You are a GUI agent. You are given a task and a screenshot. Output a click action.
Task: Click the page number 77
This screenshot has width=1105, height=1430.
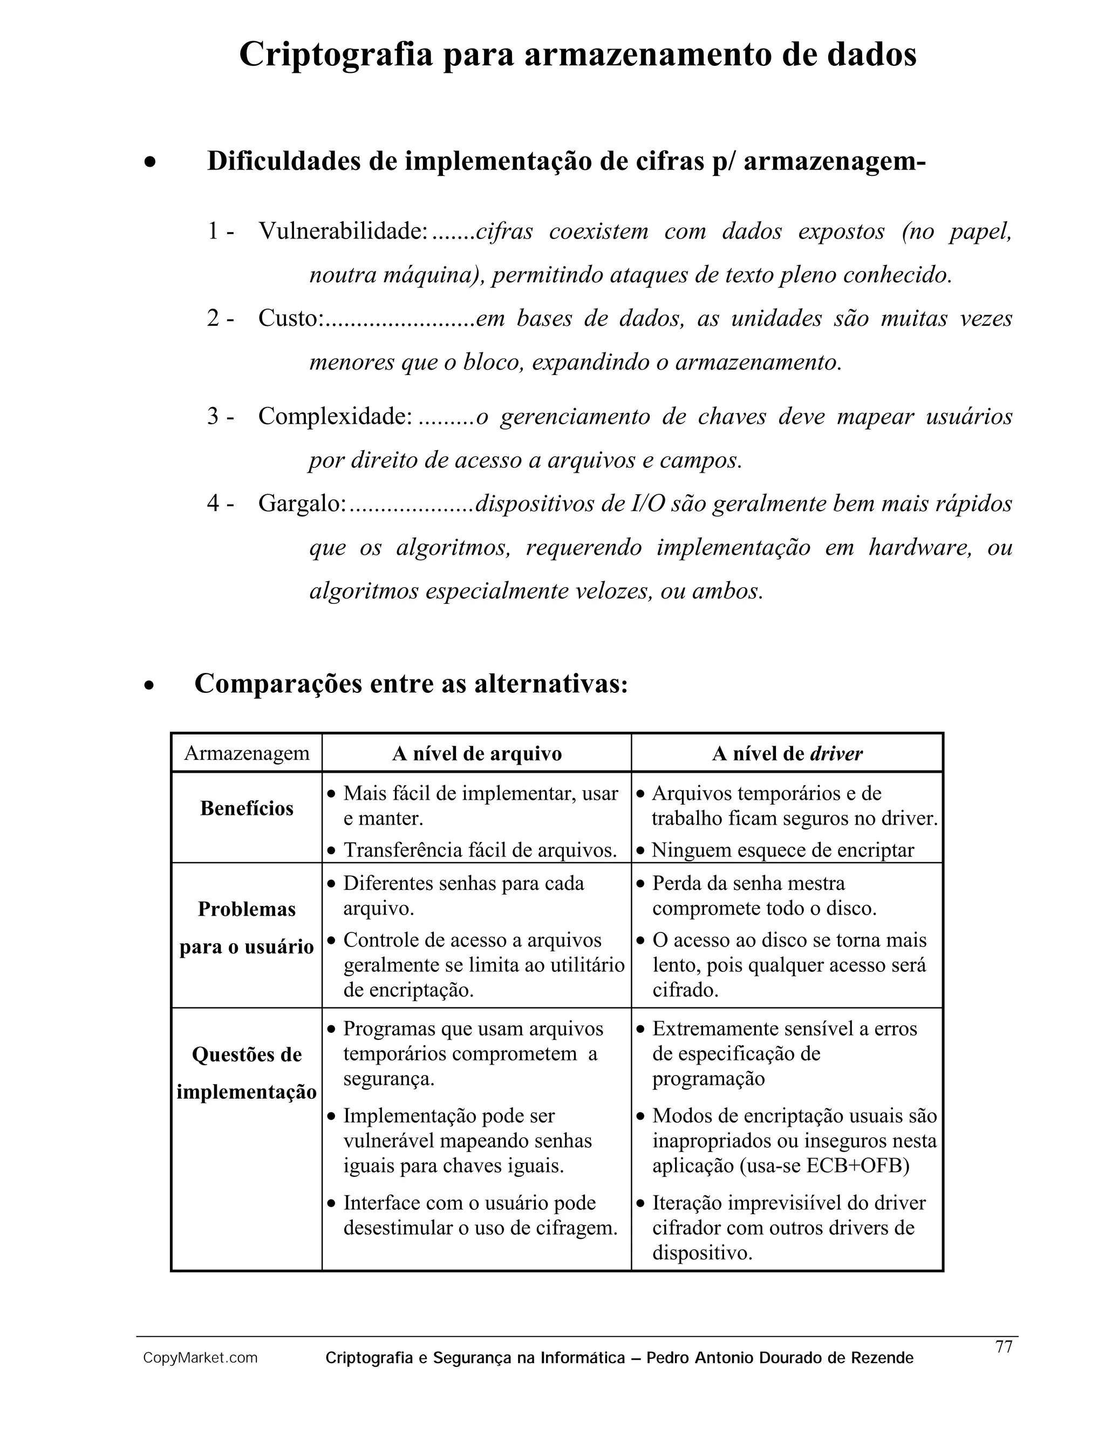tap(1004, 1347)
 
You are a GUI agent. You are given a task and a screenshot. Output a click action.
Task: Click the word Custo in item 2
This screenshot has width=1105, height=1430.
tap(288, 318)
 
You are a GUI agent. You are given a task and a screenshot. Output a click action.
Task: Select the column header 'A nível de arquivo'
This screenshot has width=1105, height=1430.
tap(476, 754)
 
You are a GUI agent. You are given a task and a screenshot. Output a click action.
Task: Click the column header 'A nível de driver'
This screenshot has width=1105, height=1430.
tap(787, 754)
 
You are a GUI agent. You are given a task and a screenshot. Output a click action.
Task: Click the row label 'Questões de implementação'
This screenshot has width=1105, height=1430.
tap(247, 1073)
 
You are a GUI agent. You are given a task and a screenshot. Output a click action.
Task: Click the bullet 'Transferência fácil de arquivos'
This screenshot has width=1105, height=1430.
tap(480, 850)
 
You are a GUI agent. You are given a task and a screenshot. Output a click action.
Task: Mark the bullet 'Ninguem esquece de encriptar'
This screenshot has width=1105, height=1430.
tap(782, 850)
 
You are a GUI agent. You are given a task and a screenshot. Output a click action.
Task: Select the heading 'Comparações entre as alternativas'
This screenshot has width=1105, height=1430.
tap(411, 684)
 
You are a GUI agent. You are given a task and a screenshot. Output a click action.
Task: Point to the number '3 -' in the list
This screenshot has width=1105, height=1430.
tap(221, 417)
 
